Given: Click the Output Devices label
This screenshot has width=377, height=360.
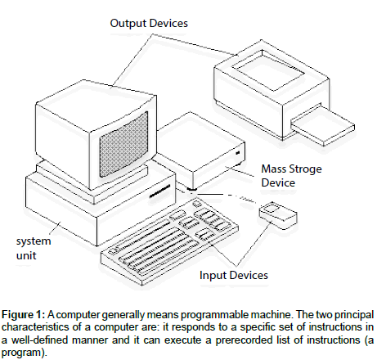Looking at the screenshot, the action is tap(149, 23).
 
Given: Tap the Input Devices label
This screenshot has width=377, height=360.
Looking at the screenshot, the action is tap(234, 275).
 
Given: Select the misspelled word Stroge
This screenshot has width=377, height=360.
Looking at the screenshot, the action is tap(307, 169).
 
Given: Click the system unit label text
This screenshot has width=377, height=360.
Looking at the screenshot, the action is tap(34, 248).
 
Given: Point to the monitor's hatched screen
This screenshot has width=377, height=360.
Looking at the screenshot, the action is tap(123, 145).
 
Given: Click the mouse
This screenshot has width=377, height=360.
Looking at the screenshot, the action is tap(278, 216).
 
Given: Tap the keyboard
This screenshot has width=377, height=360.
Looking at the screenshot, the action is tap(169, 241).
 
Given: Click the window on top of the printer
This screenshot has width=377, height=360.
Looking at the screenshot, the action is tap(268, 70).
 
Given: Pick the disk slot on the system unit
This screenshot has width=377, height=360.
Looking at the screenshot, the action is tap(159, 191).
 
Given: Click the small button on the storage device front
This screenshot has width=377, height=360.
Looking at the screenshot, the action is tap(238, 153).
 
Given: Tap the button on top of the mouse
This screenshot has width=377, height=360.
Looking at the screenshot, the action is tap(272, 209).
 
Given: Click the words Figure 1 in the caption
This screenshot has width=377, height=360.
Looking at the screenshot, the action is tap(23, 315).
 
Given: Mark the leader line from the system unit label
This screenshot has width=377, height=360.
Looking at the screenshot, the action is tap(56, 228).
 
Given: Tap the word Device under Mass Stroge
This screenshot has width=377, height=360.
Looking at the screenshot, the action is tap(278, 182).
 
